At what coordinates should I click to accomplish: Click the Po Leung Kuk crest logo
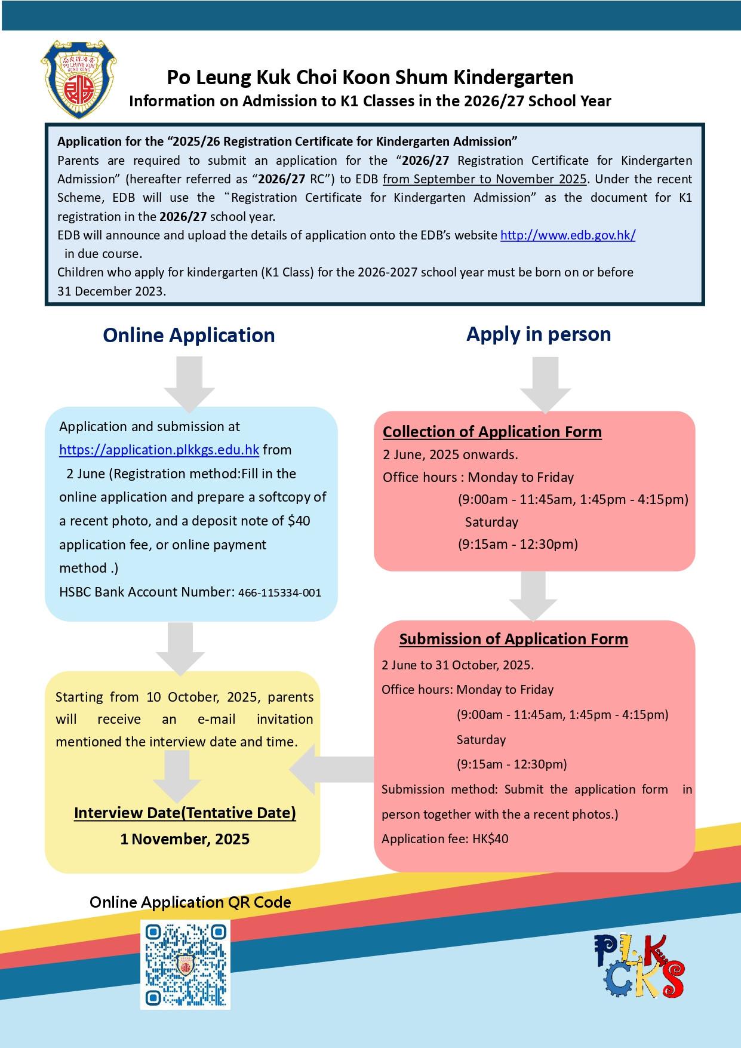click(78, 79)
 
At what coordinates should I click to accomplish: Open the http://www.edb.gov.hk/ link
click(568, 235)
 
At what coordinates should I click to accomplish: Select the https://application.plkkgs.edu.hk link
click(159, 450)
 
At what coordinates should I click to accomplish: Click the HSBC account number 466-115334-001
click(279, 593)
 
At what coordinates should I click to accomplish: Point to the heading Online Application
click(189, 335)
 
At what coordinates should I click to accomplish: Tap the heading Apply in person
click(539, 334)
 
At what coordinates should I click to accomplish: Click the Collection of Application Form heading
click(492, 432)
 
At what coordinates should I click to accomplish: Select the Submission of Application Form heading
click(514, 639)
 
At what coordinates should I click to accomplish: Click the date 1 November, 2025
click(185, 839)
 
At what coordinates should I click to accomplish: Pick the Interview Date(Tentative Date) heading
click(185, 813)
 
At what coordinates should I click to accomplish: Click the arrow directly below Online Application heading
click(190, 383)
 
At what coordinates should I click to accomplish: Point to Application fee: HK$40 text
click(445, 839)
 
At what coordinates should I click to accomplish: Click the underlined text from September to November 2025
click(485, 179)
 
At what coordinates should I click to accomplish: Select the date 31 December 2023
click(112, 291)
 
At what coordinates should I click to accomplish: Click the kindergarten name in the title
click(370, 78)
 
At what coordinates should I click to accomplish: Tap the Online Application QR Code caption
click(190, 902)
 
